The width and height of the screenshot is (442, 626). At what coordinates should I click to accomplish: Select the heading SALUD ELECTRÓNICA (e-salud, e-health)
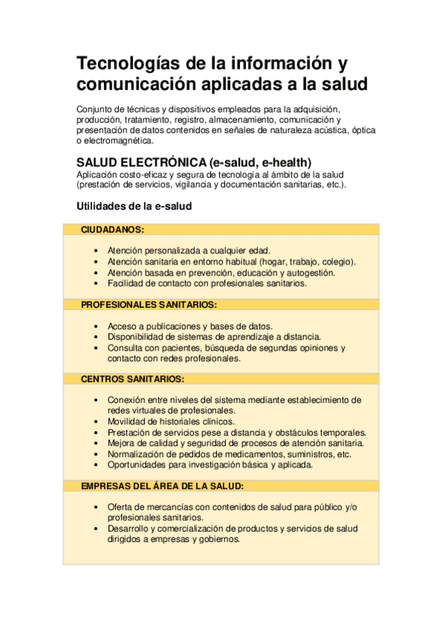[194, 162]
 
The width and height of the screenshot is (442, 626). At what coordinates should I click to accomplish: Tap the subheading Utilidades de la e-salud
[134, 207]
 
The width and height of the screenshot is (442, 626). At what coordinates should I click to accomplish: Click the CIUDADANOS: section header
[112, 230]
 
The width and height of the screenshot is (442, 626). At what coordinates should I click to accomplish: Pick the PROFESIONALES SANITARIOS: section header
[148, 304]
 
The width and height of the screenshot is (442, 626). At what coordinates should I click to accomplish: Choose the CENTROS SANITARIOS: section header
[132, 379]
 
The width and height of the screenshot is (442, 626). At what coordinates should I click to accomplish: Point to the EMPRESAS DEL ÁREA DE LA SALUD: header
[162, 486]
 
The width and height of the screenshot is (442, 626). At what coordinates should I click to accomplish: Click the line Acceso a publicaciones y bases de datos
[190, 326]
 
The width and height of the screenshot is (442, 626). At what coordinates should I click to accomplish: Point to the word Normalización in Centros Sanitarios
[137, 454]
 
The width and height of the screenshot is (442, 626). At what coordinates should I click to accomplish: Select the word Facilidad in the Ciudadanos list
[126, 283]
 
